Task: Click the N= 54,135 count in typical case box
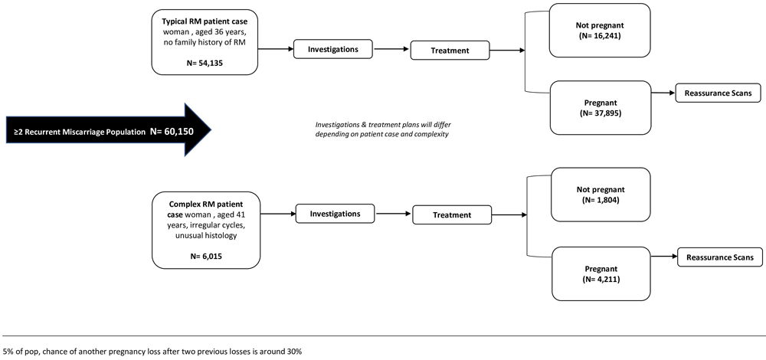point(205,62)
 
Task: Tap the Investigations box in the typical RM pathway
point(332,49)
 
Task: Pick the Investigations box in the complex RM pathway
point(336,214)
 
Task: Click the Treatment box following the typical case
point(450,51)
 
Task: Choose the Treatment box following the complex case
point(452,215)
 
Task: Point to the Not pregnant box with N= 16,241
point(600,31)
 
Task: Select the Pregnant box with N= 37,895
point(601,107)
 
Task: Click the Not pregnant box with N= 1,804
point(601,195)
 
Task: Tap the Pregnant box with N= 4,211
point(601,273)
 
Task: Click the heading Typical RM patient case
point(205,22)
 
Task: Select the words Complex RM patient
point(205,203)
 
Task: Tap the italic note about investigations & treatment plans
point(382,129)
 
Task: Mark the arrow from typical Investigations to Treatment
point(391,49)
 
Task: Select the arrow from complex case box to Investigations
point(277,214)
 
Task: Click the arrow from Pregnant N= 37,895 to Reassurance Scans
point(663,93)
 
